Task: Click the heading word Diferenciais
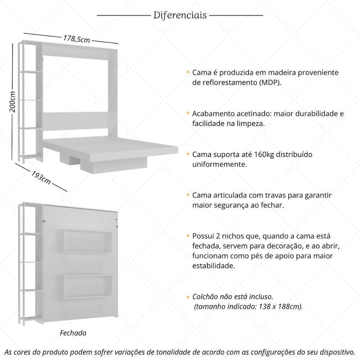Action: [180, 15]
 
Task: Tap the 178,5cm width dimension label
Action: [77, 39]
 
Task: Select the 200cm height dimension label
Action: [13, 102]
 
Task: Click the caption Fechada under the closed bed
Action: [73, 333]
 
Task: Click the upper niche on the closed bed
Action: [85, 240]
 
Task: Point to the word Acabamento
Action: [214, 114]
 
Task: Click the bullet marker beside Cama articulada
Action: [188, 195]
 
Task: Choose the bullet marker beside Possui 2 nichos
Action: [188, 236]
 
